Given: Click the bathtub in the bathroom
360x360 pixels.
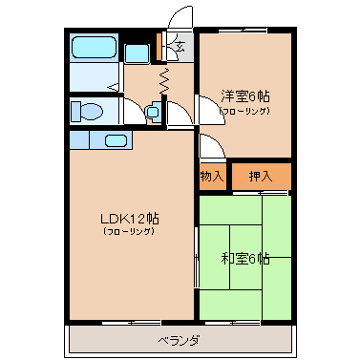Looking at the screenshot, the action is point(94,47).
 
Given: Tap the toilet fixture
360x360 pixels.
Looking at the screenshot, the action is point(87,112).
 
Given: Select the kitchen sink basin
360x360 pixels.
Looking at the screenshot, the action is point(116,140).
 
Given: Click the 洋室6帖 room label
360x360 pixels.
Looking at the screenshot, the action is point(245,96).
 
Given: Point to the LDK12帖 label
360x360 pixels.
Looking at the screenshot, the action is point(130,219).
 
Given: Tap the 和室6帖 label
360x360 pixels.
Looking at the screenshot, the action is point(245,259).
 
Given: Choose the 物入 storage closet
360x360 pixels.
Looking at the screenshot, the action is point(212,177).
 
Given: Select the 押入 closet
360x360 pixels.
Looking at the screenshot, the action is point(262,177).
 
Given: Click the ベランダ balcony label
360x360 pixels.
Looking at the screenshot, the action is point(180,341).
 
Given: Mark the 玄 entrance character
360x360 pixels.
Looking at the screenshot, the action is point(180,47).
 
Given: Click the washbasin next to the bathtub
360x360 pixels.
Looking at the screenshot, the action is point(137,53).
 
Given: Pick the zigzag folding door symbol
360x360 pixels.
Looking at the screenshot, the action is point(164,81).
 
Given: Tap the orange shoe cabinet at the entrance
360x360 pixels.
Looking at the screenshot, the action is point(159,47).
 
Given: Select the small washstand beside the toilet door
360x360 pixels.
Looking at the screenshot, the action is point(154,112).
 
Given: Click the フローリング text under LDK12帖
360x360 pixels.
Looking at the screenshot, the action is point(129,231).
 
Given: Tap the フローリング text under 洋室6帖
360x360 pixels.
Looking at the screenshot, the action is point(245,111).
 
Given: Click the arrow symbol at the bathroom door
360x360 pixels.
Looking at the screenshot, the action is point(114,87).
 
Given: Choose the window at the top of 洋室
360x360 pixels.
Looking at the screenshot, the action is point(244,31).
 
